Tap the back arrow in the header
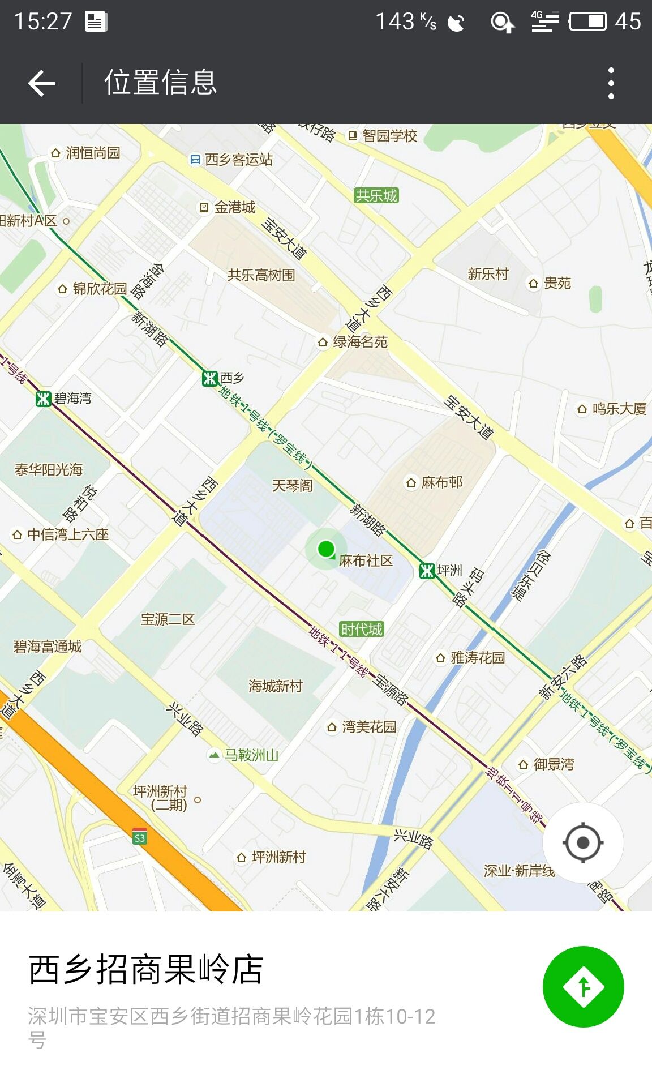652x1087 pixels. click(x=41, y=83)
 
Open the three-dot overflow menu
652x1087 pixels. click(x=611, y=83)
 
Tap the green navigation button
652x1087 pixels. click(x=583, y=987)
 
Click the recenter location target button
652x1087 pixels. click(x=583, y=842)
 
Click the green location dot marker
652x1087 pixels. click(x=326, y=549)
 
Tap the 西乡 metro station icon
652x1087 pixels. click(x=210, y=378)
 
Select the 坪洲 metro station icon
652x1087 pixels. click(x=427, y=571)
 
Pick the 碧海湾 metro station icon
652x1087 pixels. click(x=44, y=399)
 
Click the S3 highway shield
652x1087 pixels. click(x=140, y=837)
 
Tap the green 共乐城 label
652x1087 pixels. click(x=376, y=196)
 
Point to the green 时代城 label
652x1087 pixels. click(x=362, y=629)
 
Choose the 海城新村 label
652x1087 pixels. click(x=276, y=686)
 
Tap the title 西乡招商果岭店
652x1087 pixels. click(x=146, y=969)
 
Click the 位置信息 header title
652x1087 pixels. click(x=160, y=83)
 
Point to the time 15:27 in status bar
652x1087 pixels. click(x=43, y=22)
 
